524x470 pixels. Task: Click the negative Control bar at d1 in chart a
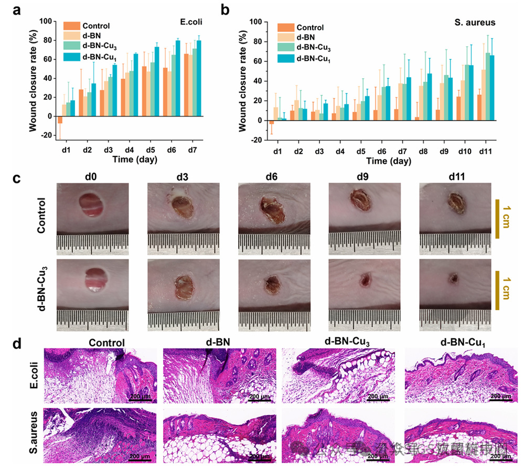point(60,120)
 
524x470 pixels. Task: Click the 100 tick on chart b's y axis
point(255,22)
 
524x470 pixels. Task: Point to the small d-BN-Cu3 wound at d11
point(452,278)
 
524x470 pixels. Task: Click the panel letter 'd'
point(17,345)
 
